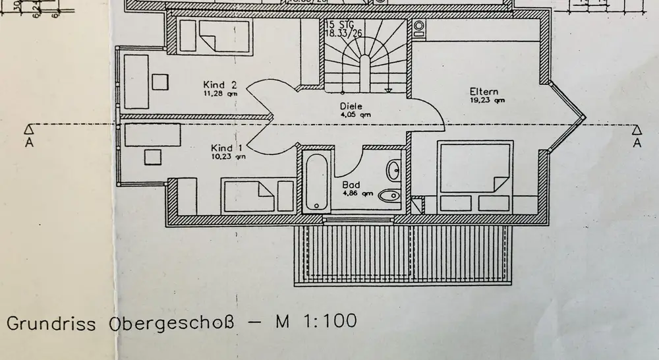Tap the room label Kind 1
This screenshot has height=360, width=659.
click(x=227, y=148)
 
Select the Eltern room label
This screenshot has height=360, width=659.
click(x=484, y=92)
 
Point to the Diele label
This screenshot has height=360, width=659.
click(x=351, y=106)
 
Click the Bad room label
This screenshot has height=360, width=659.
click(x=351, y=185)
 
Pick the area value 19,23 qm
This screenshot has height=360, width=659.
click(x=487, y=101)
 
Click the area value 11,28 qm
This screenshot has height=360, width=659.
click(x=220, y=94)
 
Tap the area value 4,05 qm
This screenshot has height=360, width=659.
click(x=351, y=114)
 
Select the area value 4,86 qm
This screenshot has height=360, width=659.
click(x=358, y=194)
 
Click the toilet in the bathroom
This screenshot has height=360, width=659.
click(x=393, y=195)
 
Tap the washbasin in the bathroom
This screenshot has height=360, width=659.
click(x=395, y=170)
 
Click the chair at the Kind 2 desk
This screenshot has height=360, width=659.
click(x=160, y=82)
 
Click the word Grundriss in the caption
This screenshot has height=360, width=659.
click(x=51, y=324)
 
